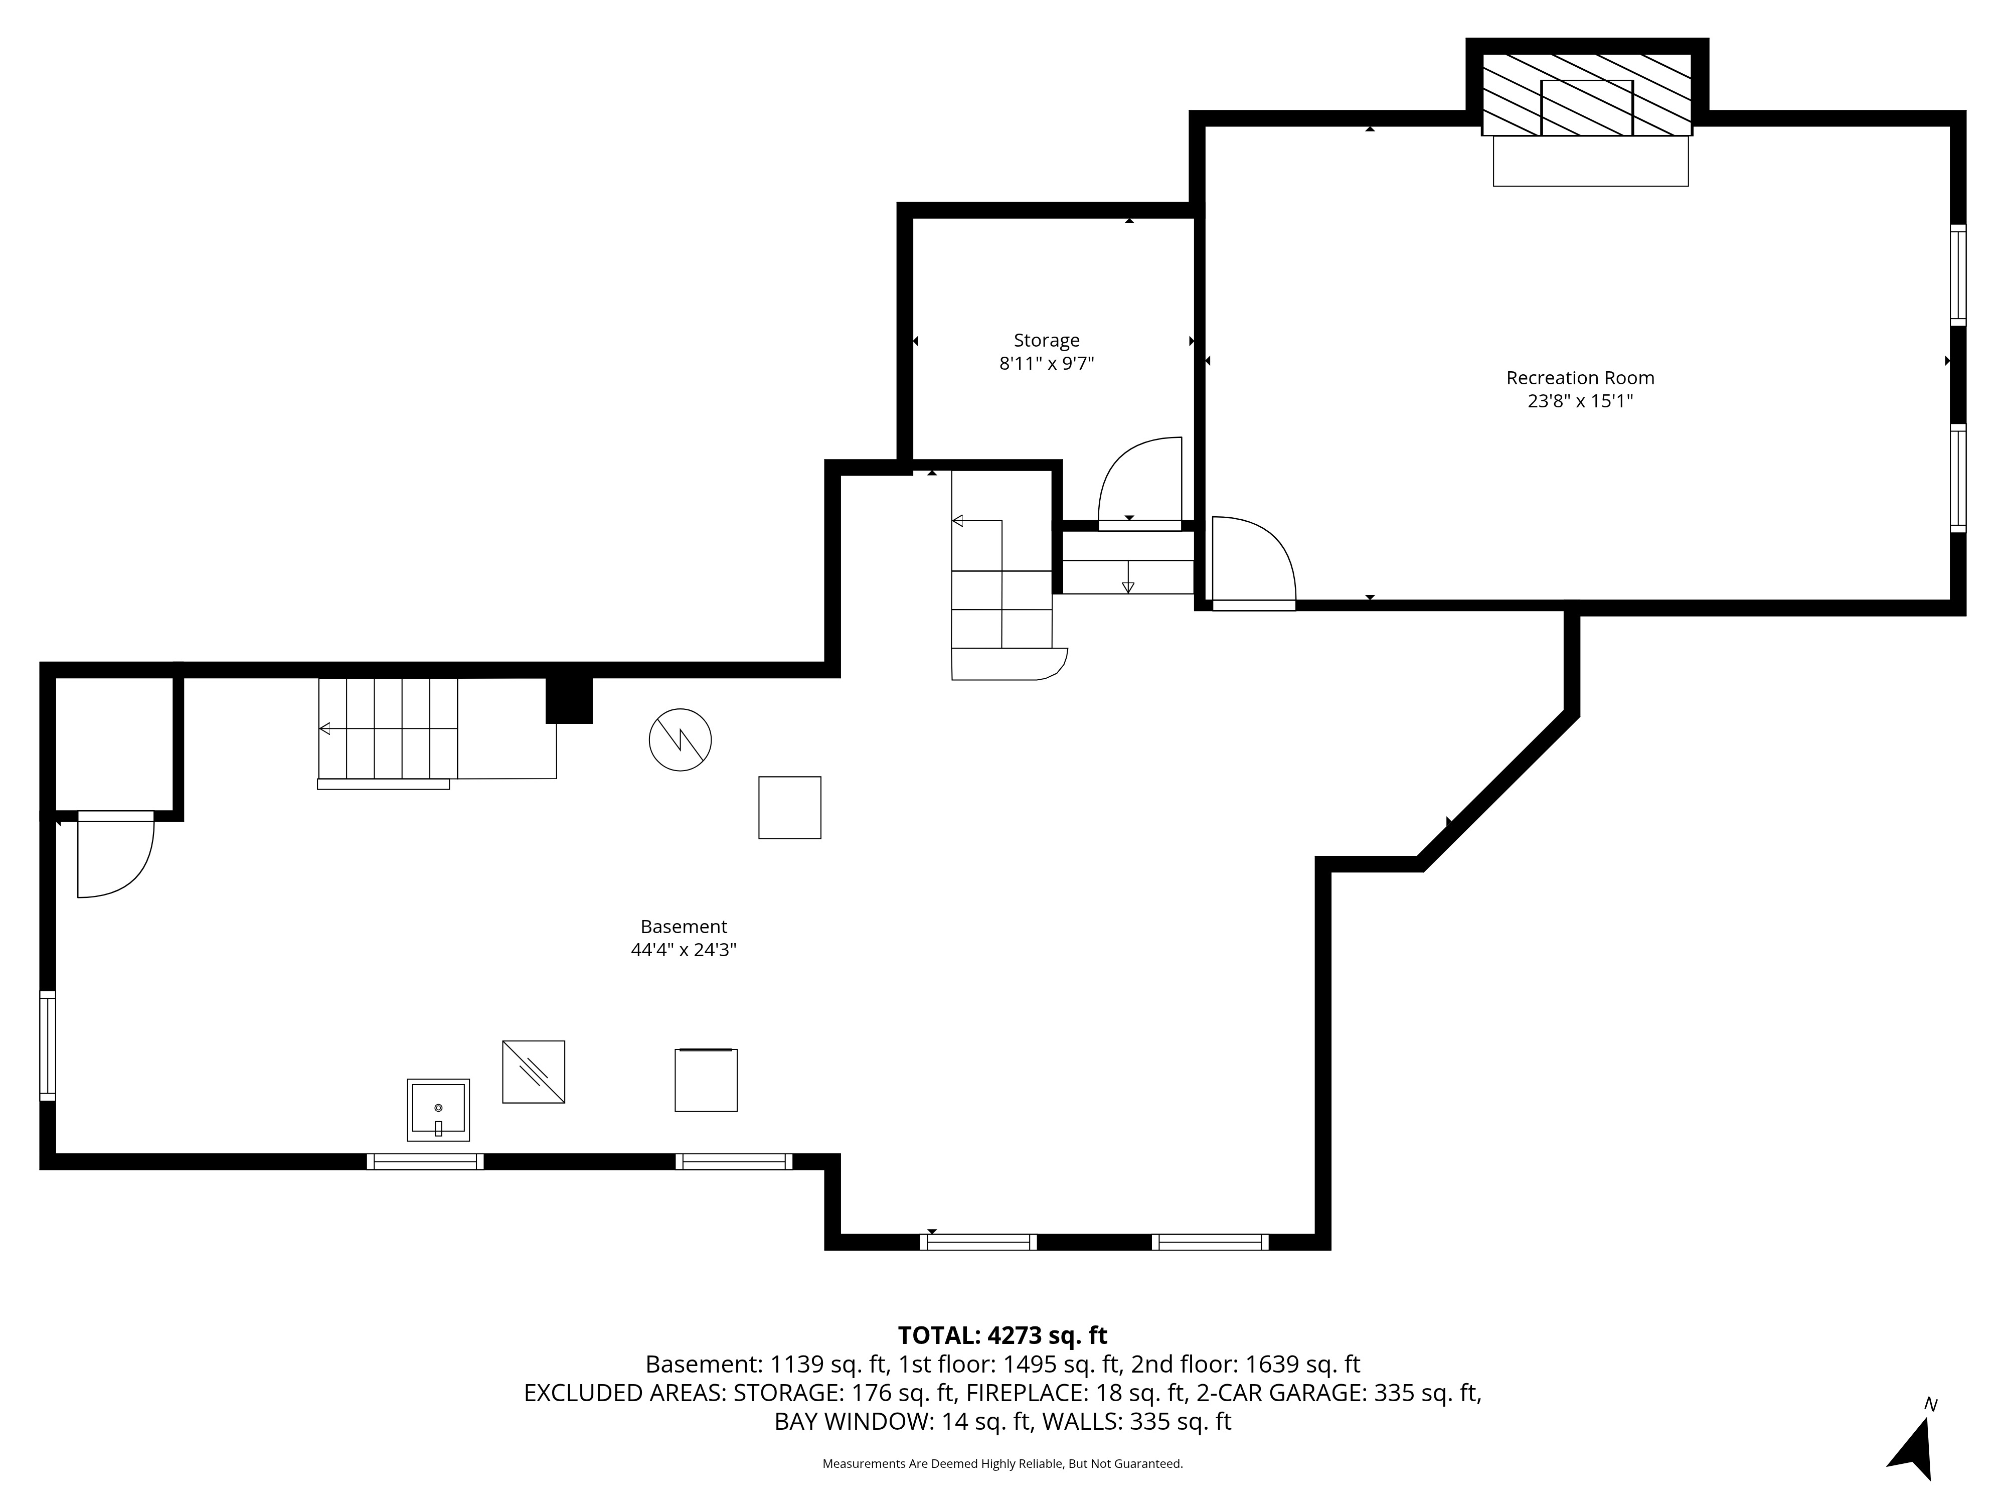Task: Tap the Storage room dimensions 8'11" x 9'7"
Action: coord(1047,364)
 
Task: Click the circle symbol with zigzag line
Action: coord(680,739)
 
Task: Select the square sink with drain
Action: coord(438,1110)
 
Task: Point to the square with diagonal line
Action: coord(533,1072)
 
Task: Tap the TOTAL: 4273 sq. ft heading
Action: coord(1002,1335)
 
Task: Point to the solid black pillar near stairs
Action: coord(569,700)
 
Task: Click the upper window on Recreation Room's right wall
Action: coord(1958,275)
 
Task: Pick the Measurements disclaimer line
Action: coord(1002,1463)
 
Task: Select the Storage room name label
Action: coord(1047,340)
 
